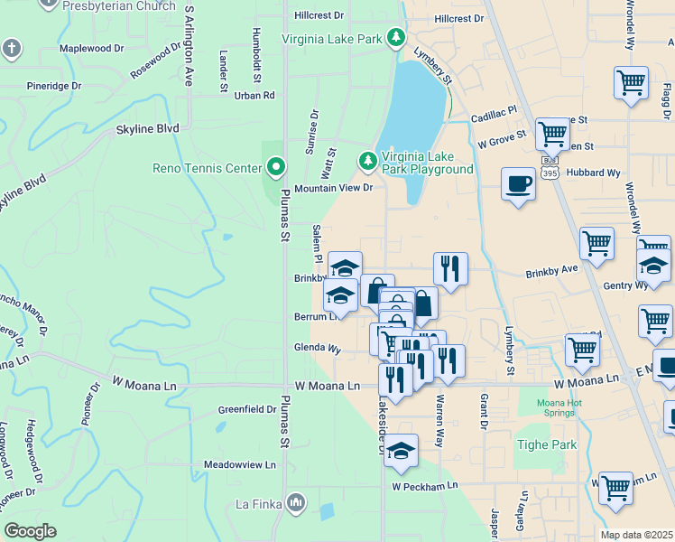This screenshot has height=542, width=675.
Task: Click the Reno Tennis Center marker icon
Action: coord(276,166)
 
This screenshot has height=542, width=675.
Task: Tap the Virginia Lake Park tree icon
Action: coord(395,38)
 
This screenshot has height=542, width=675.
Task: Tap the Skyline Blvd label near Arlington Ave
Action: coord(147,129)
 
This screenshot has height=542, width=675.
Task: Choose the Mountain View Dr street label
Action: coord(333,188)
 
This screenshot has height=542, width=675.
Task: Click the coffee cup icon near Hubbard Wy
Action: coord(518,184)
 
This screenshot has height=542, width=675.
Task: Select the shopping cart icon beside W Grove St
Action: coord(552,135)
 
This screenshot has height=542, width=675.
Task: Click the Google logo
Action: coord(30,531)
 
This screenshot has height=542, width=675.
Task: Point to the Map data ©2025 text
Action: coord(637,535)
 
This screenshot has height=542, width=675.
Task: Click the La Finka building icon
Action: coord(296,503)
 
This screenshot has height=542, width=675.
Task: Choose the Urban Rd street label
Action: coord(254,95)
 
